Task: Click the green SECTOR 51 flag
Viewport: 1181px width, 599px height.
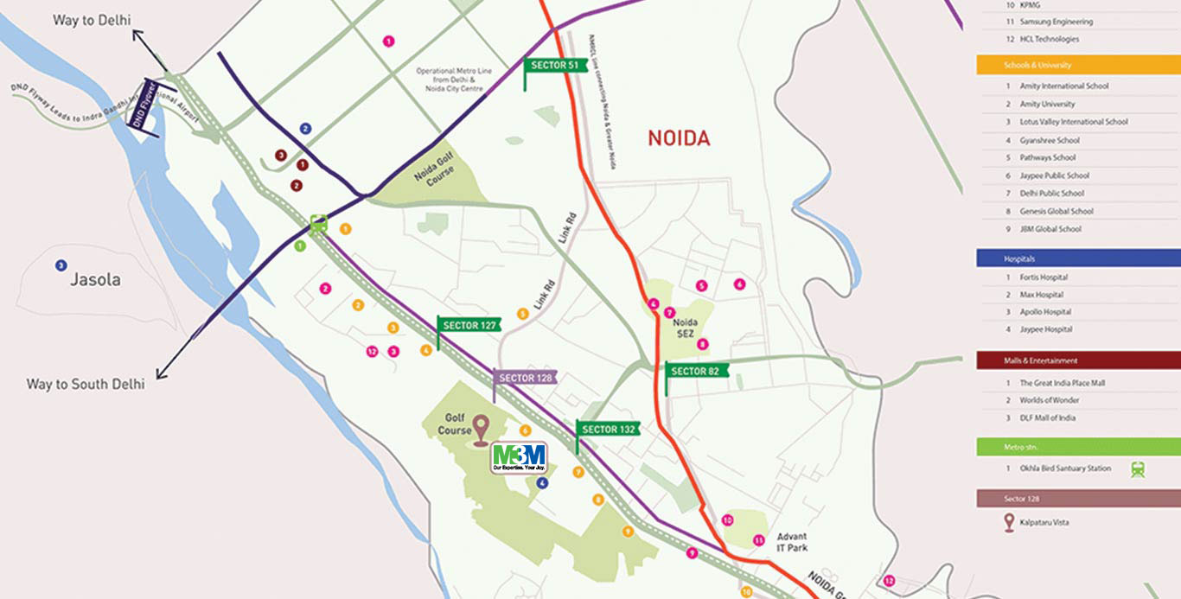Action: point(551,65)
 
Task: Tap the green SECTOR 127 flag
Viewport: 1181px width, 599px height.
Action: point(469,325)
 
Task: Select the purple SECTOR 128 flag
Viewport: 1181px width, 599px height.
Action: point(526,378)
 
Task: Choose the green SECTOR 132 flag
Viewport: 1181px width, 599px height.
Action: point(609,429)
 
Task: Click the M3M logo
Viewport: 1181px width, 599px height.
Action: point(519,457)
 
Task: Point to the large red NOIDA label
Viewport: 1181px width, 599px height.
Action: point(679,138)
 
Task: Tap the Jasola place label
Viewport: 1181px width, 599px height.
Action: point(95,280)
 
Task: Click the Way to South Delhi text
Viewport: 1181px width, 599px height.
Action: point(86,384)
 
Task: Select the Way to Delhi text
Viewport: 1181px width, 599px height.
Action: point(85,19)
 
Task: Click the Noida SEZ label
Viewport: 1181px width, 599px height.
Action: point(686,328)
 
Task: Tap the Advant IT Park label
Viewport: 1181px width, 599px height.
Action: point(791,542)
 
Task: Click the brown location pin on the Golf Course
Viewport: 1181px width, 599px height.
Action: point(480,429)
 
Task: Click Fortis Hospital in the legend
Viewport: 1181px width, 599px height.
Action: point(1043,277)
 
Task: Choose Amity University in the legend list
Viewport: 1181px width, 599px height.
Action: point(1047,104)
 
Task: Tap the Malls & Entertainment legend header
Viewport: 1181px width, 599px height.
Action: point(1041,360)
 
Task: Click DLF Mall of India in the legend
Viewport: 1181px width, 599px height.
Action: point(1047,418)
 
